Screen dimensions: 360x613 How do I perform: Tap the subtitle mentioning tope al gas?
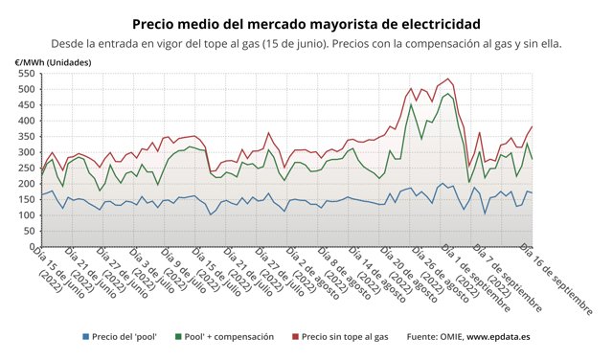(306, 43)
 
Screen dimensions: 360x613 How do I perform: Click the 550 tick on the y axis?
(26, 74)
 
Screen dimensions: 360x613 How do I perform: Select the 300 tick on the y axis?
(26, 152)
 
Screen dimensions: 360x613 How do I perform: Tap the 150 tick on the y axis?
(26, 199)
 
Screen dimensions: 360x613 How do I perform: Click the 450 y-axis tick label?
(26, 105)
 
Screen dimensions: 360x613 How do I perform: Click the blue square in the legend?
(85, 337)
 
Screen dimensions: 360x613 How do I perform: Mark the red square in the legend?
(294, 337)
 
